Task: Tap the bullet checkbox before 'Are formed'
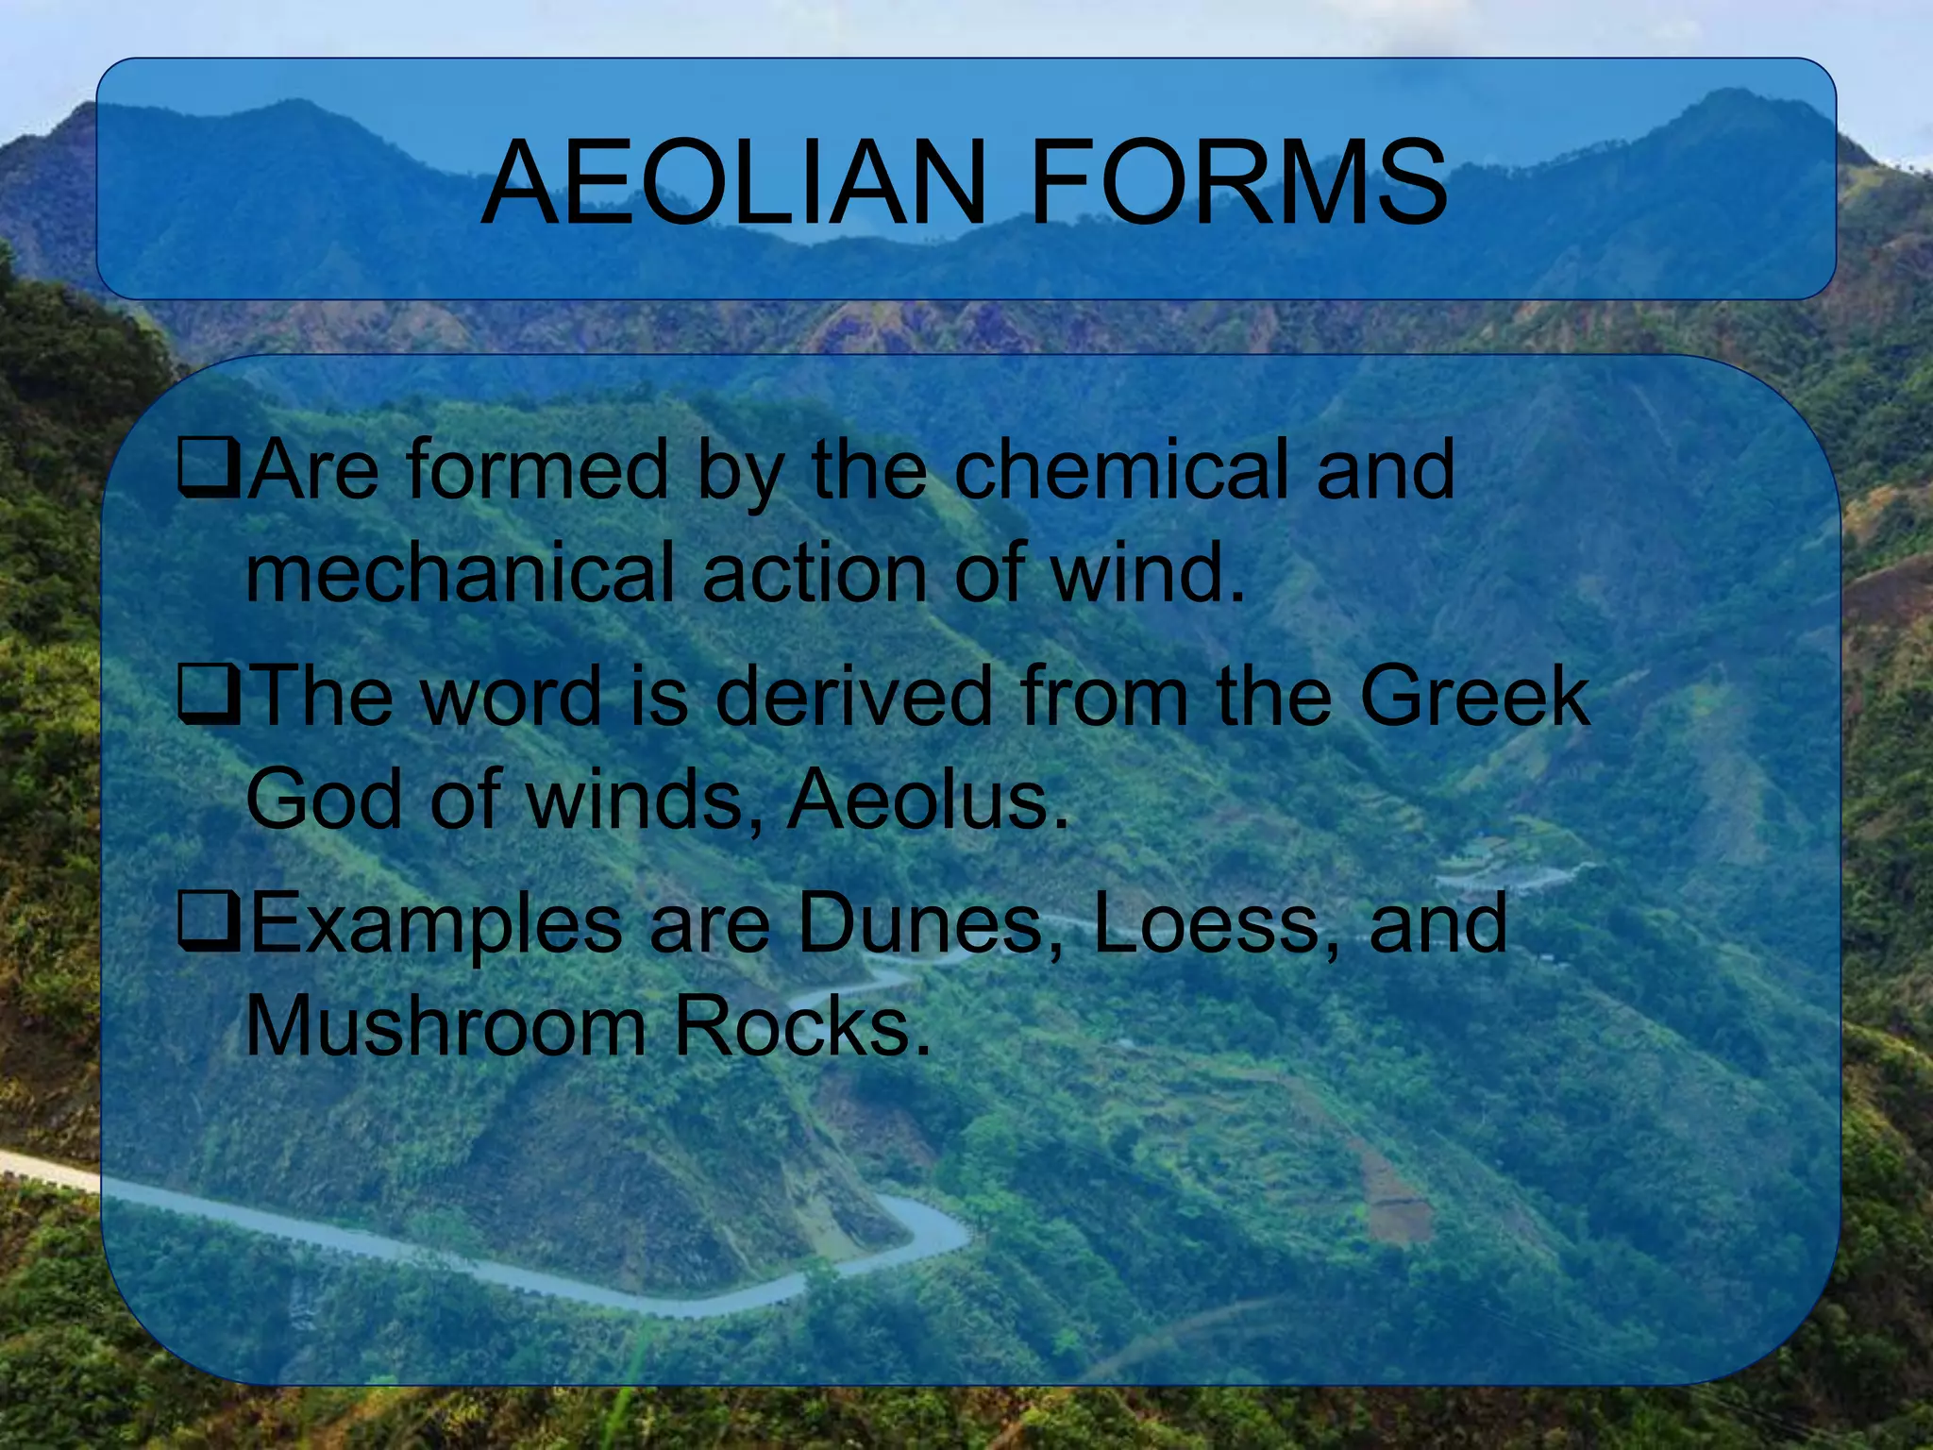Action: tap(210, 470)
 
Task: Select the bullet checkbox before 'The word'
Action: tap(210, 697)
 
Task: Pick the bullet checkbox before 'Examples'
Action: tap(210, 923)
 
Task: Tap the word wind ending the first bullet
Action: tap(1147, 572)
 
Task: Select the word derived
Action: tap(854, 696)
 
